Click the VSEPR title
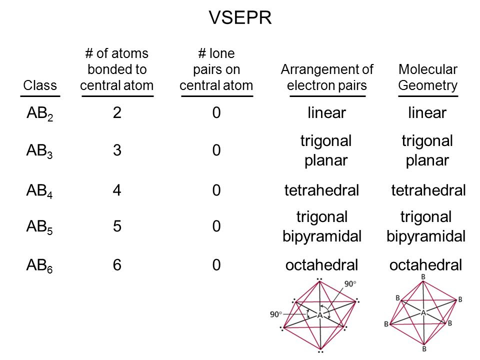[240, 17]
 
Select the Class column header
[40, 85]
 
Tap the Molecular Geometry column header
[427, 77]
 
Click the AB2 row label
[40, 113]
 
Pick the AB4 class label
[39, 190]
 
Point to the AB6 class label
[39, 265]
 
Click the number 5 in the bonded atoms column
[117, 226]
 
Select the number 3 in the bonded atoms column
[117, 150]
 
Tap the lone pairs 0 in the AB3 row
[216, 150]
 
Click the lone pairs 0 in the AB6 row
[216, 265]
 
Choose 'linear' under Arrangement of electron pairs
[326, 112]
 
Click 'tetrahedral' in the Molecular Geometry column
[428, 190]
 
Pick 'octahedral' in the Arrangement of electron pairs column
[321, 265]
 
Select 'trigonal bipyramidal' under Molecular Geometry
[426, 226]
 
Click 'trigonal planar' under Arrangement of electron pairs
[326, 150]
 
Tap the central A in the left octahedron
[320, 315]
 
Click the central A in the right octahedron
[423, 312]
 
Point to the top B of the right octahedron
[423, 276]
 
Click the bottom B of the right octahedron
[424, 348]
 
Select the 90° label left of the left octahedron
[275, 314]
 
